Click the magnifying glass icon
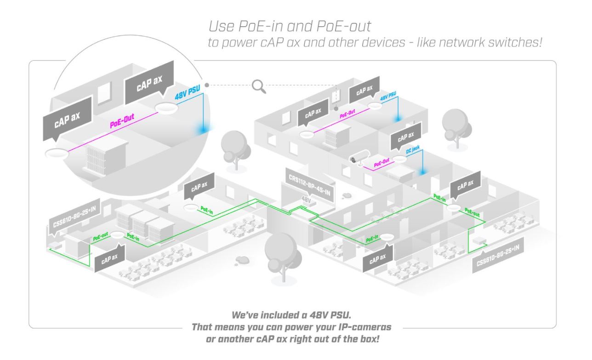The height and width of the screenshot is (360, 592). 259,86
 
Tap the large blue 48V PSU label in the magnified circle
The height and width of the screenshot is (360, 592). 188,91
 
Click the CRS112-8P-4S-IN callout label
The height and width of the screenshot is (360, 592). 310,184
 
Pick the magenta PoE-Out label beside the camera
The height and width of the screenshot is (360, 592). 381,163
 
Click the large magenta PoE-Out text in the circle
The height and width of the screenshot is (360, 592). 122,121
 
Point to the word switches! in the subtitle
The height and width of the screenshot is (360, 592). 515,42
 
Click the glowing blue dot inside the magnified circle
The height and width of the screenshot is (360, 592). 203,130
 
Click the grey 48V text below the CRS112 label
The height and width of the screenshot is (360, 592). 306,200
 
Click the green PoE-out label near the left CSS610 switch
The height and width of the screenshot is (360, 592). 101,237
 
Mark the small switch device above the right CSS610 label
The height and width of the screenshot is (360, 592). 479,241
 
